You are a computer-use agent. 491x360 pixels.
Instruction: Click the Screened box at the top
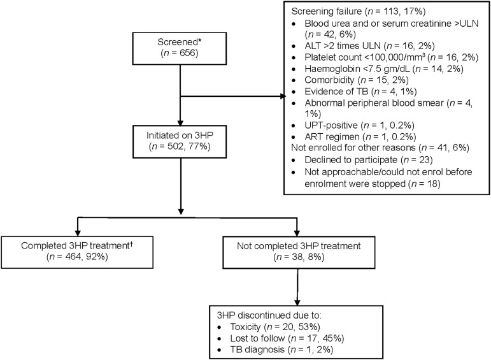[180, 48]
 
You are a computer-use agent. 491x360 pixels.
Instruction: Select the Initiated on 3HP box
[180, 141]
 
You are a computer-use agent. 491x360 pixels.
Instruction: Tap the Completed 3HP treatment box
[77, 252]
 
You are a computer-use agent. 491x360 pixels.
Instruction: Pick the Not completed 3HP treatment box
[299, 252]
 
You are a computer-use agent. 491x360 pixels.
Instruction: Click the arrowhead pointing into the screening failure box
[283, 96]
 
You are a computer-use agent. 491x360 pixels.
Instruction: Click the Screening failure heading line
[359, 11]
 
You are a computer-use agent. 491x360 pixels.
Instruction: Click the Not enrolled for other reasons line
[380, 148]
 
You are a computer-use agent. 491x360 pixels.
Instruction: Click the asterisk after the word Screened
[200, 40]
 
